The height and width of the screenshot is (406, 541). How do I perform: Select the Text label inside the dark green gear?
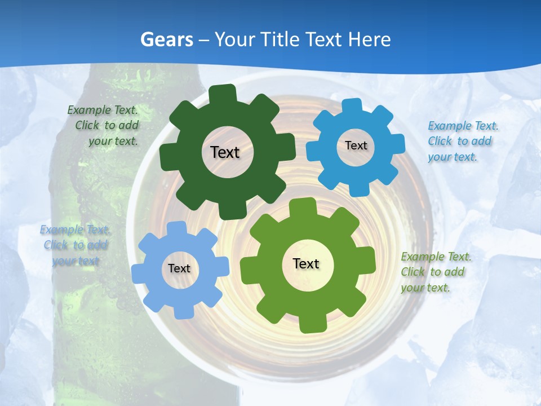[225, 152]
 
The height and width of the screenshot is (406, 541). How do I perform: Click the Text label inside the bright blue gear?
[356, 145]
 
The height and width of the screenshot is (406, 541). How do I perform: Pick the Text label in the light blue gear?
[179, 268]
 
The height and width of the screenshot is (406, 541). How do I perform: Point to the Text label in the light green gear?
[306, 263]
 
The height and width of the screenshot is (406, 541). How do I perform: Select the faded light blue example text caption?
[76, 245]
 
